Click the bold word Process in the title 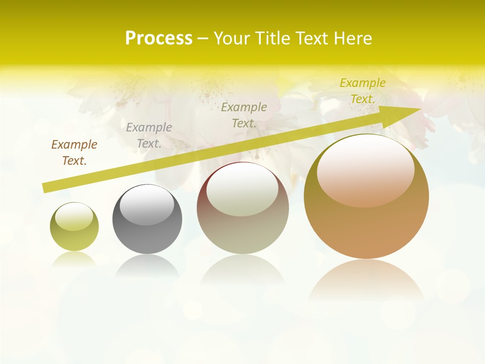(x=159, y=38)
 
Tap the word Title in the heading (x=273, y=38)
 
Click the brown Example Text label (x=74, y=153)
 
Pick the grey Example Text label (x=149, y=135)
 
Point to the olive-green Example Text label (x=244, y=115)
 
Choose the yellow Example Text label (x=363, y=91)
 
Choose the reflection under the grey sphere (x=147, y=265)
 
